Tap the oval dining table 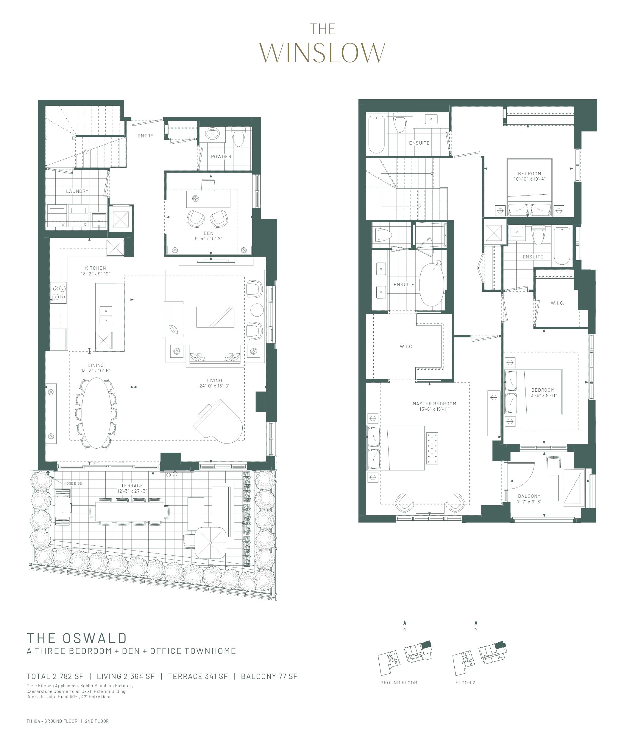coord(96,413)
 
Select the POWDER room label coord(221,157)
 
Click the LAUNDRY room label coord(77,191)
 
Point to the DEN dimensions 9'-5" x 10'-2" coord(208,239)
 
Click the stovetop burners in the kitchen coord(59,292)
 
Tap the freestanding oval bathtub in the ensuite coord(432,290)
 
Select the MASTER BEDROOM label coord(434,404)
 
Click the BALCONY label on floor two coord(529,496)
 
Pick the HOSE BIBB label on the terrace coord(73,484)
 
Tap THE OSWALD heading coord(77,638)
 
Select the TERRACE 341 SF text coord(197,676)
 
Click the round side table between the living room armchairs coord(257,310)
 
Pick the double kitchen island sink coord(106,315)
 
